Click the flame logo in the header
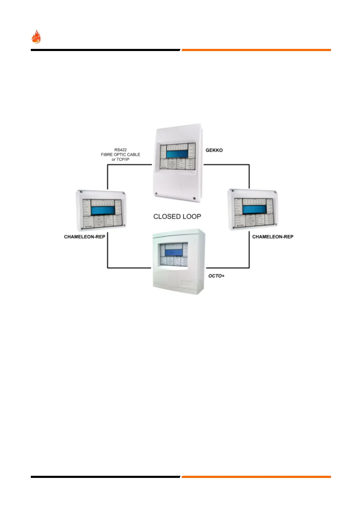(x=36, y=37)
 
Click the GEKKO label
(x=214, y=150)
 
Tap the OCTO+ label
(x=216, y=276)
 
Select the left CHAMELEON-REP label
(x=85, y=237)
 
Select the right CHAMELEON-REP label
(x=273, y=237)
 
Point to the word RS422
(x=121, y=149)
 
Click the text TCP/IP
(x=123, y=159)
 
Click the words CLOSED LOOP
(x=177, y=216)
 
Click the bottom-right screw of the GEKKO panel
(x=194, y=199)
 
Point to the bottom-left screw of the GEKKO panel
(x=156, y=194)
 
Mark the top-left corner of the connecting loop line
(x=108, y=165)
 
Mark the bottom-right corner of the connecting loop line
(x=249, y=267)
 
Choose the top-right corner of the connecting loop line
(x=249, y=165)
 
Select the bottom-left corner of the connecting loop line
(x=108, y=267)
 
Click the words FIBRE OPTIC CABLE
(x=121, y=155)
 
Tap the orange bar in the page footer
(x=256, y=477)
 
